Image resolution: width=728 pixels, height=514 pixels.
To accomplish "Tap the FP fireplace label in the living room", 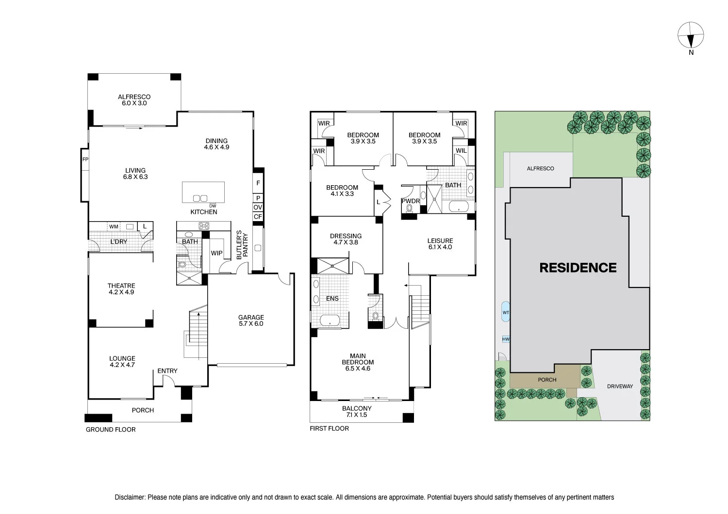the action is coord(85,160).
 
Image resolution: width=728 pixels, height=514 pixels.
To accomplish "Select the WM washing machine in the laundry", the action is coord(114,226).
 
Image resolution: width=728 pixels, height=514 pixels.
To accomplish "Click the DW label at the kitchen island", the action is coord(213,206).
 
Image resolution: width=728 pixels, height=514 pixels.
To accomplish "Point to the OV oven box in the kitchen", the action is coord(258,207).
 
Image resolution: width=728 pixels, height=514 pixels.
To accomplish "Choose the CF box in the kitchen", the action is coord(258,217).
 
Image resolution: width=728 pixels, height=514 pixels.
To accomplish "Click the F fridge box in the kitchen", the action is coord(258,183).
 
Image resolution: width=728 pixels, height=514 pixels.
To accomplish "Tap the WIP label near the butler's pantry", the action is coord(216,253).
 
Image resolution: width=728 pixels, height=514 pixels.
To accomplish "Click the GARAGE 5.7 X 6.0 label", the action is coord(251,321).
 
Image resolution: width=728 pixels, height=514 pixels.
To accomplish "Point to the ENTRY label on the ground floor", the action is coord(167,371).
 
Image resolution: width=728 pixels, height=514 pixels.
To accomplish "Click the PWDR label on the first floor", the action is coord(411,201).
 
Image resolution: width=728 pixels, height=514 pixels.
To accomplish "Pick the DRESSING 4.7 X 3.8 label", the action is coord(346,239).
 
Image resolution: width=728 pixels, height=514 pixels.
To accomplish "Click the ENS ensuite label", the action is coord(332,298).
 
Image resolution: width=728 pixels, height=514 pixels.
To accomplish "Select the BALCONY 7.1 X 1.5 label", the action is coord(357,411).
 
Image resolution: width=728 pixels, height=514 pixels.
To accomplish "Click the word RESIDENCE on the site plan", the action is coord(578,268).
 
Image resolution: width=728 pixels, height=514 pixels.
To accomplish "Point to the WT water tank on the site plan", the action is coord(505,312).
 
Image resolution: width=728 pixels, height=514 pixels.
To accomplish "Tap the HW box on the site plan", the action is coord(506,339).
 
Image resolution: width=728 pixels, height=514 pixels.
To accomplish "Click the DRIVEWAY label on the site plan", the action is coord(620,386).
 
